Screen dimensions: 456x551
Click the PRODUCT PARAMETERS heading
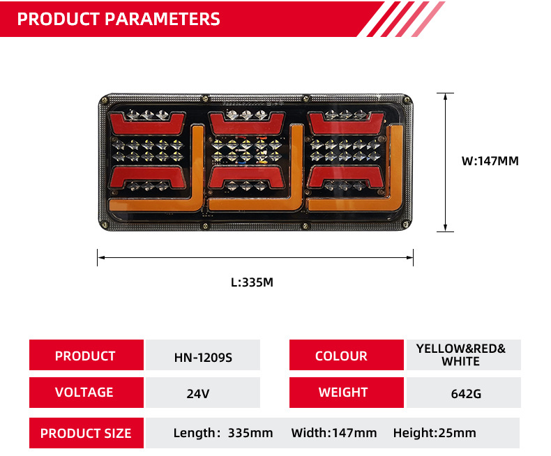click(x=119, y=19)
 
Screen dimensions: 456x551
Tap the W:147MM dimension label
click(x=490, y=161)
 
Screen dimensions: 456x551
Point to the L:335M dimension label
click(x=252, y=282)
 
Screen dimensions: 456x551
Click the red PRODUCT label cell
click(x=85, y=356)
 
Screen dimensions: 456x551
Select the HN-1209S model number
click(x=202, y=357)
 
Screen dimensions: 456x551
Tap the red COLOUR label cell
click(x=341, y=356)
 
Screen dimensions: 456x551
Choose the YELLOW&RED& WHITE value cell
click(x=460, y=355)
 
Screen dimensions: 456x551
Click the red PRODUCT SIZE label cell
click(x=86, y=433)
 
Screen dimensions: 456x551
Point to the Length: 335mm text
click(x=223, y=433)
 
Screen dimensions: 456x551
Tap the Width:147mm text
click(x=334, y=433)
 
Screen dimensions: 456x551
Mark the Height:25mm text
click(x=435, y=433)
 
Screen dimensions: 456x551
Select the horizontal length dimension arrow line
click(x=255, y=257)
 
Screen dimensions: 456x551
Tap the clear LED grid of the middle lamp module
click(x=248, y=151)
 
